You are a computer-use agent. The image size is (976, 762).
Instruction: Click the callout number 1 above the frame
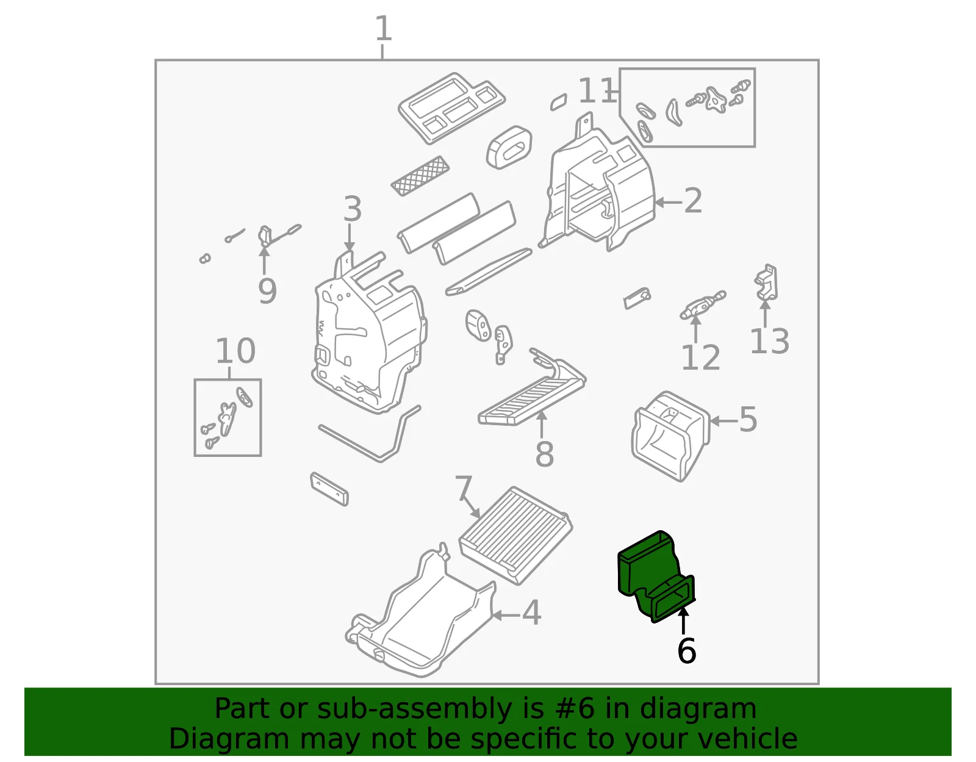[383, 28]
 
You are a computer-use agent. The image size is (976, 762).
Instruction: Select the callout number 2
[692, 201]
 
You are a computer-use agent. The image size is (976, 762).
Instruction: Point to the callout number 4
[531, 613]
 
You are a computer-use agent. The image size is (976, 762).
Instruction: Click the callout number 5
[748, 420]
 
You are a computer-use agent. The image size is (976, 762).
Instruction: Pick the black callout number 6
[686, 650]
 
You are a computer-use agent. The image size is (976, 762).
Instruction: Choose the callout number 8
[544, 453]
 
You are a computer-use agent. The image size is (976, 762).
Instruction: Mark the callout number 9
[267, 291]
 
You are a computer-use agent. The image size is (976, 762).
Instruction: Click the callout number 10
[236, 351]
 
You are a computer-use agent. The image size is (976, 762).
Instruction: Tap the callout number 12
[701, 358]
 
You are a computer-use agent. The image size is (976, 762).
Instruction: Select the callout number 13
[769, 341]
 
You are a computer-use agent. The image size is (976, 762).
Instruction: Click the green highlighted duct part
[656, 577]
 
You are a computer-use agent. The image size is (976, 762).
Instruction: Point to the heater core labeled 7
[515, 535]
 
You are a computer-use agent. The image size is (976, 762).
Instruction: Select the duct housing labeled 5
[670, 436]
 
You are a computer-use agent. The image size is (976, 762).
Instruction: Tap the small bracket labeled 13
[766, 283]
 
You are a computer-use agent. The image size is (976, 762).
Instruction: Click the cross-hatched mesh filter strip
[420, 176]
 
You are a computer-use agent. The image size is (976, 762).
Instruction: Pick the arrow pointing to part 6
[683, 620]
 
